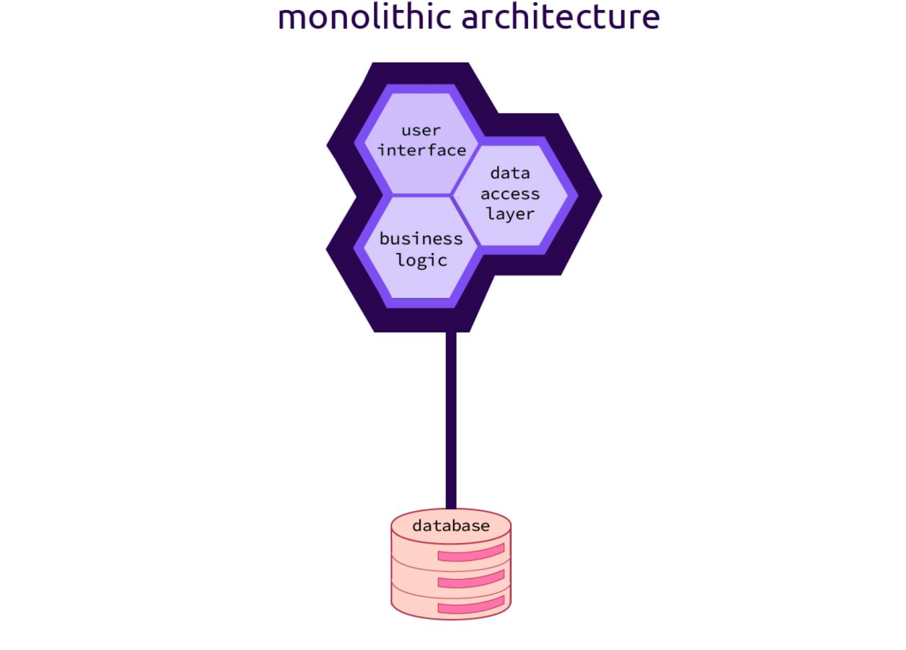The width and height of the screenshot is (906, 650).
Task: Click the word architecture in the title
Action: click(x=561, y=17)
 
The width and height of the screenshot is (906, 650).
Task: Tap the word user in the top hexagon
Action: click(x=421, y=131)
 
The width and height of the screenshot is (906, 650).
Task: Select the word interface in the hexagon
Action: click(x=422, y=151)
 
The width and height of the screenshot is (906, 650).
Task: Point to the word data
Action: click(x=510, y=173)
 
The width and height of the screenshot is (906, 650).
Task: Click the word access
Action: click(x=510, y=194)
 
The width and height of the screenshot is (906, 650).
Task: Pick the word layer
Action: click(x=510, y=214)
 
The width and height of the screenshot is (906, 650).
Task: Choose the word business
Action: click(x=421, y=239)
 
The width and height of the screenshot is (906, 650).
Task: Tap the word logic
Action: click(x=422, y=260)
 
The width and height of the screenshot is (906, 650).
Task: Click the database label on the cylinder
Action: click(x=451, y=526)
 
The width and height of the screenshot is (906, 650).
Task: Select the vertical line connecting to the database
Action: click(x=451, y=419)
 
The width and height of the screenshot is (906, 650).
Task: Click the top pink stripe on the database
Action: click(x=471, y=553)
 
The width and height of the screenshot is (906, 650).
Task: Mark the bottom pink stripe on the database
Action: click(x=471, y=605)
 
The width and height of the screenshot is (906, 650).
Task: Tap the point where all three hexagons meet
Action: click(x=451, y=195)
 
